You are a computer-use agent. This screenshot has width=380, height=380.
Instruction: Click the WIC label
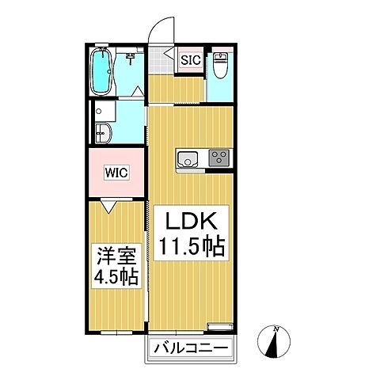click(x=116, y=171)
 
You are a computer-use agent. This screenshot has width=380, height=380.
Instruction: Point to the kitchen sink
click(x=188, y=158)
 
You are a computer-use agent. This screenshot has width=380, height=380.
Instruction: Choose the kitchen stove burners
click(x=218, y=158)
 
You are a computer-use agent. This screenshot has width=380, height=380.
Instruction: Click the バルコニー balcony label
click(x=190, y=348)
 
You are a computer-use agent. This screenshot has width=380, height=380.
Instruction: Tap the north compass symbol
click(x=275, y=344)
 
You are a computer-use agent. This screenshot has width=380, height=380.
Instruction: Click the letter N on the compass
click(x=275, y=329)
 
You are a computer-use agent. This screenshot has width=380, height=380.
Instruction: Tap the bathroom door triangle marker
click(x=140, y=89)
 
